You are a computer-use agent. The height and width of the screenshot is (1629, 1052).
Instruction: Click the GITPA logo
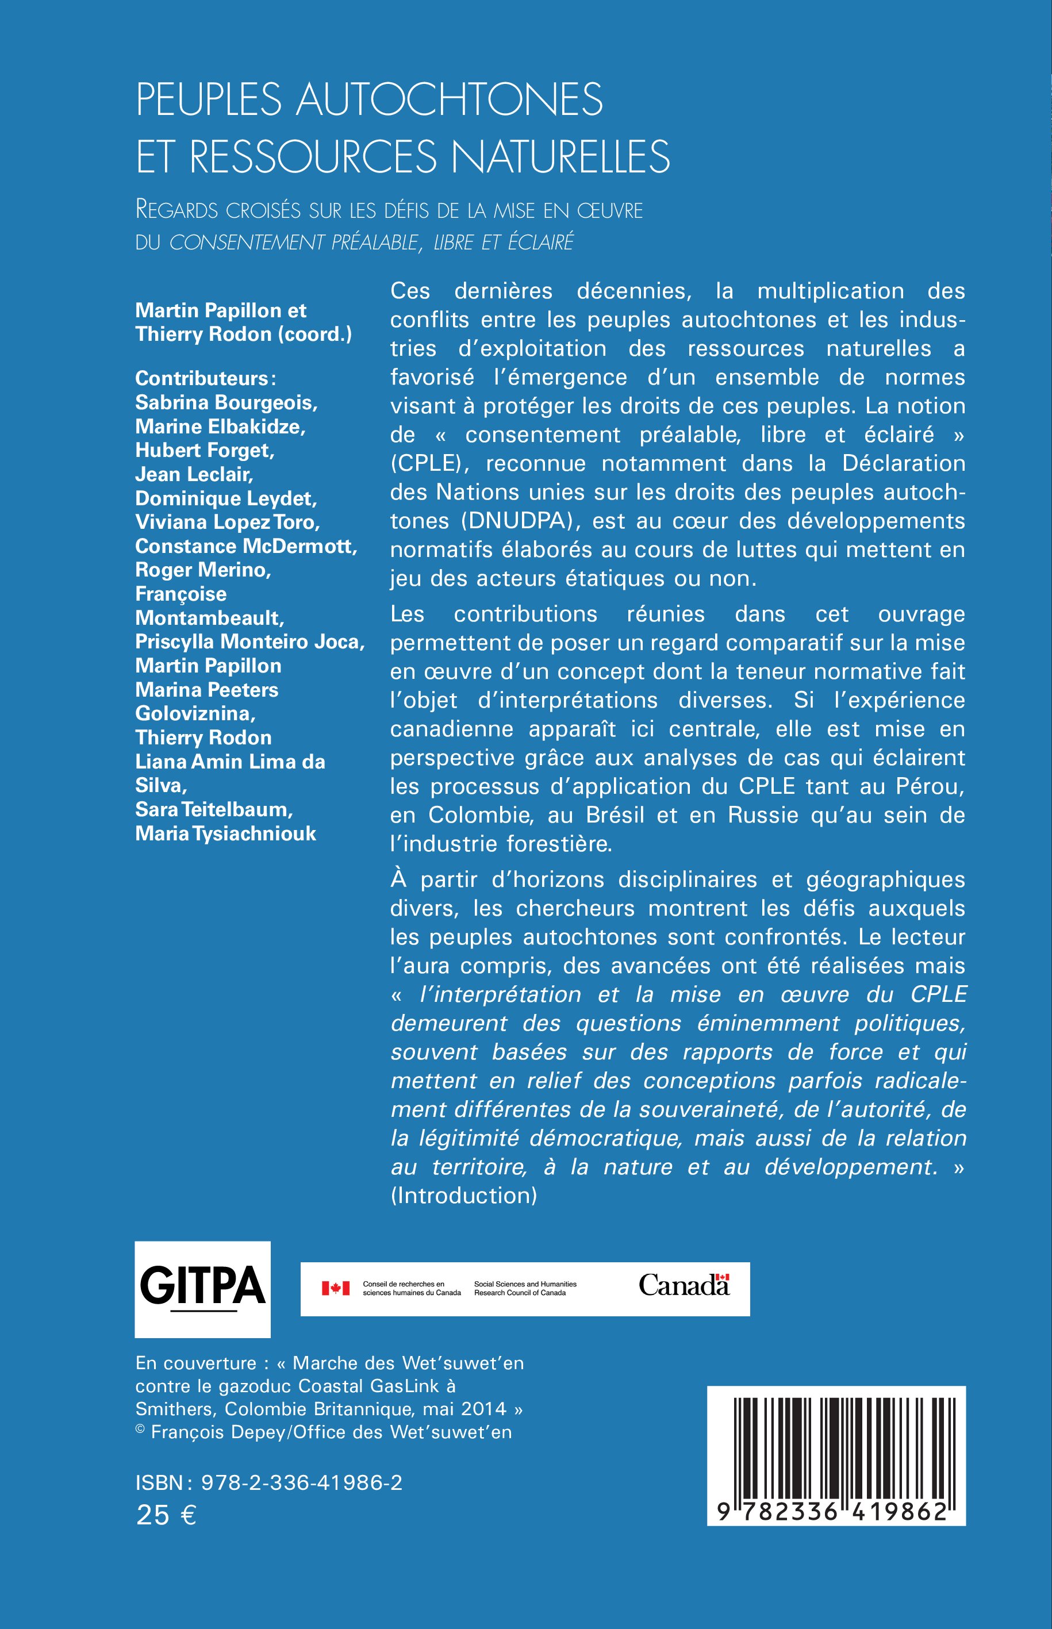coord(202,1288)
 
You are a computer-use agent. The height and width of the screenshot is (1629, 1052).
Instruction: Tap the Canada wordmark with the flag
coord(684,1285)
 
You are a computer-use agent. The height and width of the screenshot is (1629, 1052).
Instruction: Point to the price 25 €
coord(167,1515)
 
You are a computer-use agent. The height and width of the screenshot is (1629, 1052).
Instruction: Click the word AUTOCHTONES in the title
coord(449,99)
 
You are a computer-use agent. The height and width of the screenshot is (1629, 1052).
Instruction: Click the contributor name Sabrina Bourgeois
coord(226,402)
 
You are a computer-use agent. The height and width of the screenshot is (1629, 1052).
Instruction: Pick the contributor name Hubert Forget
coord(204,450)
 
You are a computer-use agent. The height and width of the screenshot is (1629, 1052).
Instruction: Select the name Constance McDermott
coord(246,545)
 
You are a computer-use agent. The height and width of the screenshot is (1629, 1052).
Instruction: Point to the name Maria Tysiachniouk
coord(225,833)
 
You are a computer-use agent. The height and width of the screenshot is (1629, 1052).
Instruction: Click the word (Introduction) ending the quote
coord(464,1195)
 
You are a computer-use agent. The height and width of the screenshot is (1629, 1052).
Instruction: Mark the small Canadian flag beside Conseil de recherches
coord(335,1288)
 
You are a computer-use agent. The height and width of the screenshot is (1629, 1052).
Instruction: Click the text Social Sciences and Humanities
coord(525,1284)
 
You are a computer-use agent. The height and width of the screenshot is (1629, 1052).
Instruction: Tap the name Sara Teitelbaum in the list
coord(214,809)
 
